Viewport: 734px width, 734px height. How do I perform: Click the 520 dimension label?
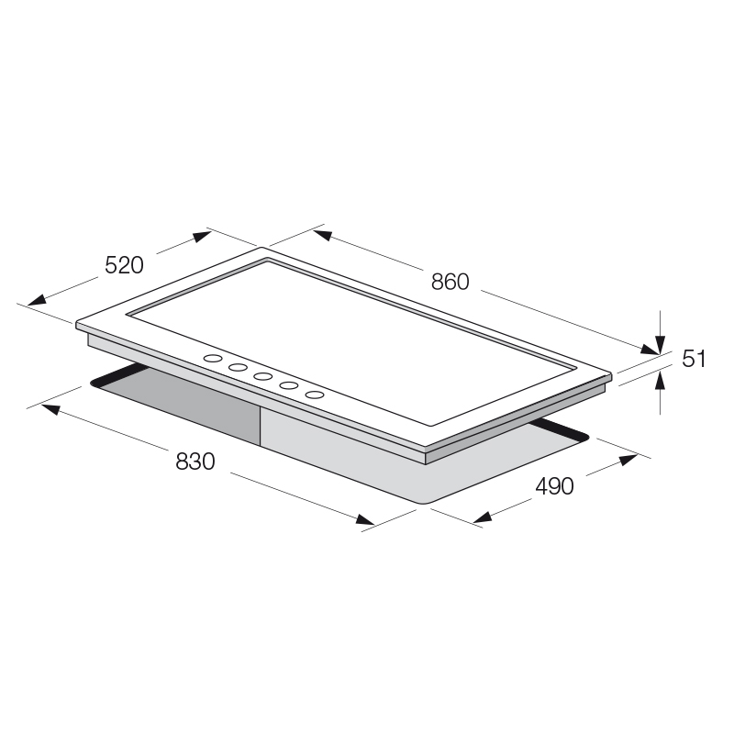pos(124,265)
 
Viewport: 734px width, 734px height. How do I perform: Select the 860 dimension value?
pos(450,282)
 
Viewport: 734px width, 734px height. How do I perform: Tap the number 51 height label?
pos(694,359)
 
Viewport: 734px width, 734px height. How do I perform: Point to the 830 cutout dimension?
pos(195,462)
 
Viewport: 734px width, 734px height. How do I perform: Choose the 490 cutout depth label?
pos(555,486)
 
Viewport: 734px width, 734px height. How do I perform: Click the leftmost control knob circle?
pos(213,359)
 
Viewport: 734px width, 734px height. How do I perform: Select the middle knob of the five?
pos(263,376)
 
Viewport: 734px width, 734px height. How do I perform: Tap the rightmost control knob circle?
pos(315,395)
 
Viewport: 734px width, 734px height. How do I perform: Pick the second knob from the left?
pos(238,368)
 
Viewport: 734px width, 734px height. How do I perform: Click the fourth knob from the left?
pos(289,385)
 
